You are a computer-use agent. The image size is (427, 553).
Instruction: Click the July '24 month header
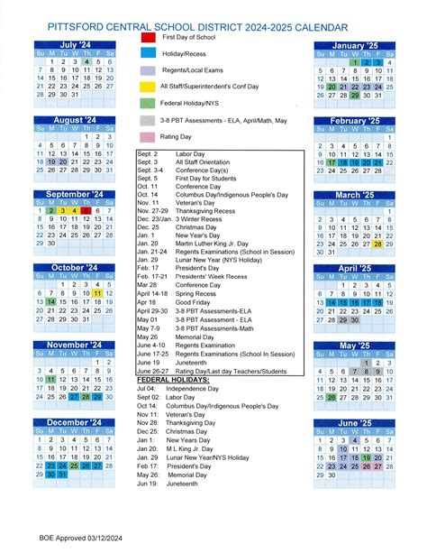pos(75,44)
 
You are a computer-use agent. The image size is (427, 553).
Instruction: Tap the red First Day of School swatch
pos(148,38)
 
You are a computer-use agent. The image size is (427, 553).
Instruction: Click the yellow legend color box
pos(148,87)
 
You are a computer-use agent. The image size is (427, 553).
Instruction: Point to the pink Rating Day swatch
pos(148,136)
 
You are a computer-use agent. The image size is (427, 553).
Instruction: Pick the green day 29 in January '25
pos(356,95)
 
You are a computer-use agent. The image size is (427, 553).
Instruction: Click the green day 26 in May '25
pos(332,397)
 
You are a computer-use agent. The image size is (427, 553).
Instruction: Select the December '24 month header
pos(75,422)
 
